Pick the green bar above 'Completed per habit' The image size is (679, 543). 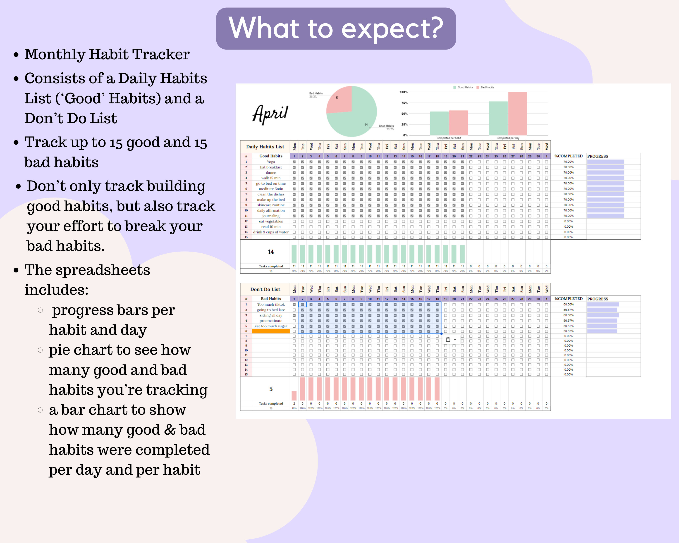[439, 123]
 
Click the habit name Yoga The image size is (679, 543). [271, 162]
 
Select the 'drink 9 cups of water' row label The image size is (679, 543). [271, 232]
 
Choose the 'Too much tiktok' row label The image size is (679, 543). [271, 304]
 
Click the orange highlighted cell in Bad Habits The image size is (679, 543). [271, 331]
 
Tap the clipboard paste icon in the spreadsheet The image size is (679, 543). [448, 339]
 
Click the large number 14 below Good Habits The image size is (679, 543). [271, 252]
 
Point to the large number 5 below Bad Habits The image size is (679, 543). [271, 389]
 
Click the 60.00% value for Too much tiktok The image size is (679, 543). [569, 304]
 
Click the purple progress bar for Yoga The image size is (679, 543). [605, 162]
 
